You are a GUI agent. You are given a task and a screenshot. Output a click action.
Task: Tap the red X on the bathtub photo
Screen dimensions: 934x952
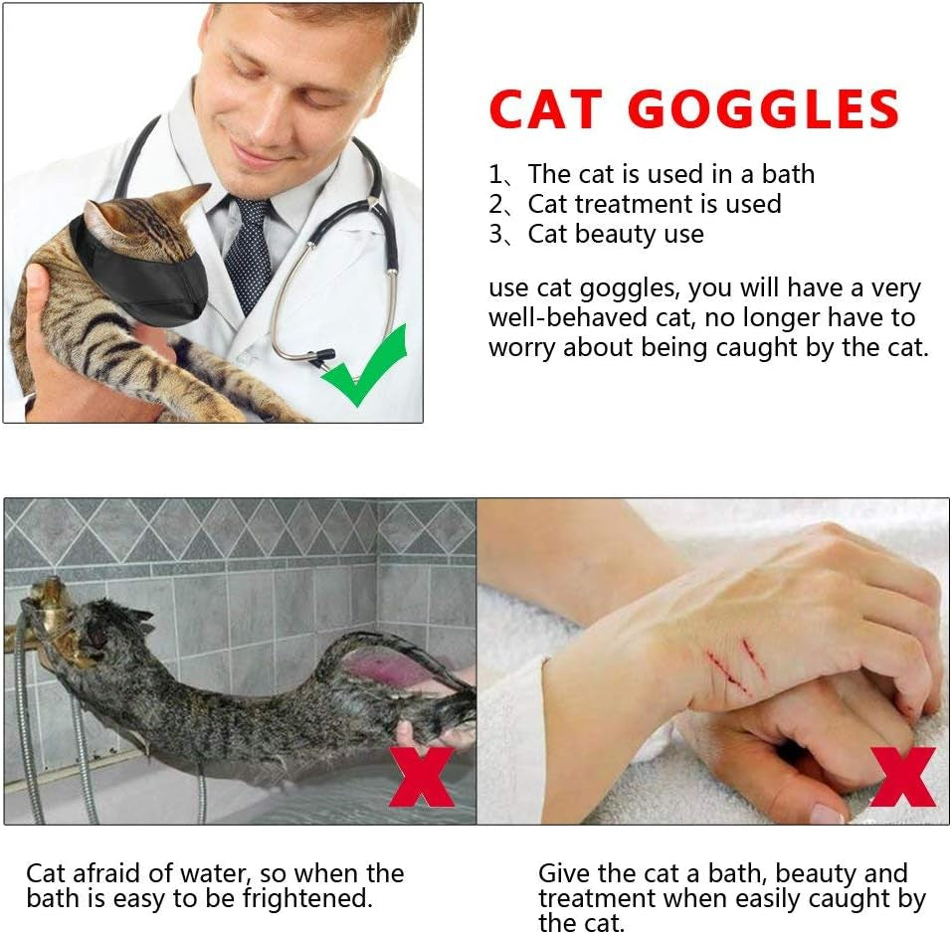421,775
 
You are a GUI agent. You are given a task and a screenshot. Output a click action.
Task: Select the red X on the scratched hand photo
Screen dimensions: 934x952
902,776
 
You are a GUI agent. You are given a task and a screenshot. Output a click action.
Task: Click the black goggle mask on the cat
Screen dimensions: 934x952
149,274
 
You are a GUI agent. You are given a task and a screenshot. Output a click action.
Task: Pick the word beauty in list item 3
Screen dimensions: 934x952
606,235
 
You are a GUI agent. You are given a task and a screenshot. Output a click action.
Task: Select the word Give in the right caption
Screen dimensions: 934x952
563,874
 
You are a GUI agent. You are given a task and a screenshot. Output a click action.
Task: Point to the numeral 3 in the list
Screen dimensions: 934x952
495,235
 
